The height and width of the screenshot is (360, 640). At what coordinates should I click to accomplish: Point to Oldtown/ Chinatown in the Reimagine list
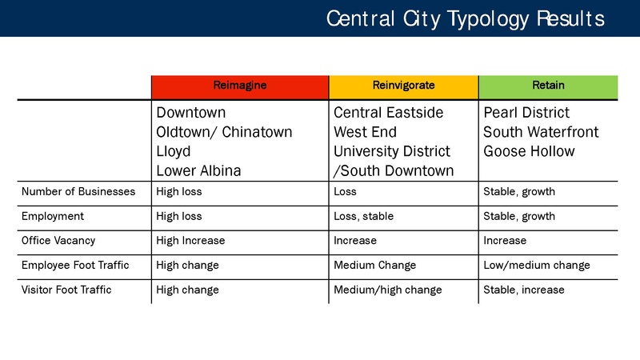coord(224,132)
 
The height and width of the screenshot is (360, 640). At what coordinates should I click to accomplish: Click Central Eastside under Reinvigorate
coord(388,113)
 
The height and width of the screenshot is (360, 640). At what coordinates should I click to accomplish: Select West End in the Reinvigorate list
coord(365,132)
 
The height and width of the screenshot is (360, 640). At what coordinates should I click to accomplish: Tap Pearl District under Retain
coord(526,113)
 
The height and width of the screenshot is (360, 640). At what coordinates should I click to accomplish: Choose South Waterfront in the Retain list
coord(541,132)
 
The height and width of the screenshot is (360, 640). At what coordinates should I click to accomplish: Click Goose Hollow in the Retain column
coord(529,151)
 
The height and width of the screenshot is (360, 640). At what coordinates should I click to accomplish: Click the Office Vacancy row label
coord(58,241)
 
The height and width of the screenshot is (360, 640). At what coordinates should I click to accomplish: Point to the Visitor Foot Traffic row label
coord(66,290)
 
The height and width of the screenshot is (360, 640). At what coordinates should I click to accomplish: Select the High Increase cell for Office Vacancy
coord(190,241)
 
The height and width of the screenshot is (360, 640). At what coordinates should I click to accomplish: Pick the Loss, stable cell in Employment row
coord(363,217)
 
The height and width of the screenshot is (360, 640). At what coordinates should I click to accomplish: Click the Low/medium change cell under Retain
coord(537,266)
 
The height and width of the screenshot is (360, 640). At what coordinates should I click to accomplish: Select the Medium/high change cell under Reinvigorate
coord(387,290)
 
